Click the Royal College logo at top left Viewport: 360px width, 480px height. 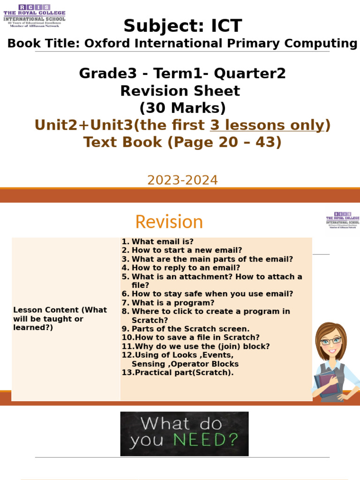tap(34, 15)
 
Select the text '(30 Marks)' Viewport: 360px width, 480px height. tap(182, 108)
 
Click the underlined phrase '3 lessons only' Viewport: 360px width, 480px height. tap(267, 125)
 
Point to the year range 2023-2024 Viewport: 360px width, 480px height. tap(182, 180)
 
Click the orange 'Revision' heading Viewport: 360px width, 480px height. tap(169, 222)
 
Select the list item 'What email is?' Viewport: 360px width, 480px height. tap(162, 242)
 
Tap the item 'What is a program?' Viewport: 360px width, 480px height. tap(172, 303)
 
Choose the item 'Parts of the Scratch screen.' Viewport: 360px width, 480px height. tap(190, 329)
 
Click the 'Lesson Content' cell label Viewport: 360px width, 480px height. tap(60, 319)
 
